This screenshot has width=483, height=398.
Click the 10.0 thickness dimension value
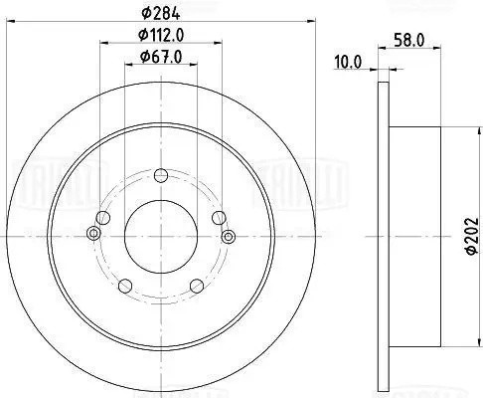(348, 62)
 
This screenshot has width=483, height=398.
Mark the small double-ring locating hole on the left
(93, 235)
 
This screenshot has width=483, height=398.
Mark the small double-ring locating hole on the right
(228, 235)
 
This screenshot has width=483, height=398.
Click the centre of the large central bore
(161, 235)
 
